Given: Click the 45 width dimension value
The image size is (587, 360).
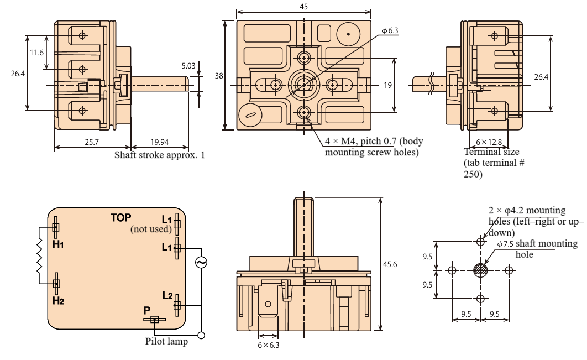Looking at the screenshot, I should pyautogui.click(x=303, y=6).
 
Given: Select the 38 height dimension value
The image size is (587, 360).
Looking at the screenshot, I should pyautogui.click(x=219, y=76).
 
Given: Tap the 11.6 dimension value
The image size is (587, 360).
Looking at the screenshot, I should pyautogui.click(x=36, y=53).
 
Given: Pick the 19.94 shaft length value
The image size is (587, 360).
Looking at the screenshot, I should pyautogui.click(x=159, y=143).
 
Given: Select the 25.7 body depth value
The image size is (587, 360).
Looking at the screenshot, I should pyautogui.click(x=92, y=143).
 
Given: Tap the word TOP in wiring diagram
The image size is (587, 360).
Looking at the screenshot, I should pyautogui.click(x=120, y=217).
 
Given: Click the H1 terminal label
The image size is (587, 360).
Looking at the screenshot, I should pyautogui.click(x=59, y=244).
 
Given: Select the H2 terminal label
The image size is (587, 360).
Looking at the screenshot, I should pyautogui.click(x=59, y=300).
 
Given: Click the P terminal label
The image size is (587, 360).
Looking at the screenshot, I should pyautogui.click(x=147, y=311).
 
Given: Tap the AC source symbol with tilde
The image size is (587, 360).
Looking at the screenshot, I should pyautogui.click(x=201, y=263).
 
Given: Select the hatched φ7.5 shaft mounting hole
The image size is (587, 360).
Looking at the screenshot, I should pyautogui.click(x=480, y=270).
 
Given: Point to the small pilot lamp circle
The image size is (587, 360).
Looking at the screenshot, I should pyautogui.click(x=202, y=335).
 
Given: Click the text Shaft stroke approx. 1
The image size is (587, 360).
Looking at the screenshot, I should pyautogui.click(x=159, y=155).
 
